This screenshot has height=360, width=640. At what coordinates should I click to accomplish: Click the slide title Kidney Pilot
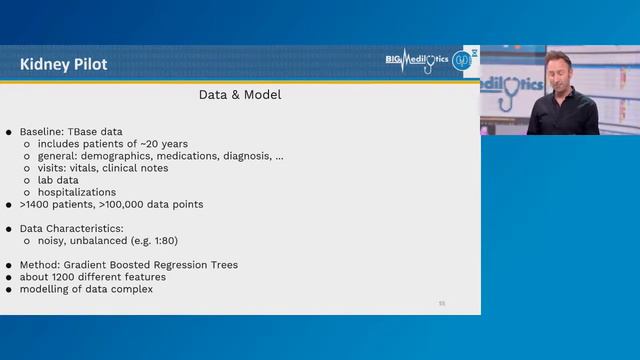[x=63, y=65]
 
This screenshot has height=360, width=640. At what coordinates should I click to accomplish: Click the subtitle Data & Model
[x=240, y=96]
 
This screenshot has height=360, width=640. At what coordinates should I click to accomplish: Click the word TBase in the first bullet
[x=84, y=132]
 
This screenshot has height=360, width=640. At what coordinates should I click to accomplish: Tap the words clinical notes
[x=137, y=168]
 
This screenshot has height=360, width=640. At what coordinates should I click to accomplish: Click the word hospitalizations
[x=77, y=192]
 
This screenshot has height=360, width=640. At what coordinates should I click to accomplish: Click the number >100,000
[x=122, y=204]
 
